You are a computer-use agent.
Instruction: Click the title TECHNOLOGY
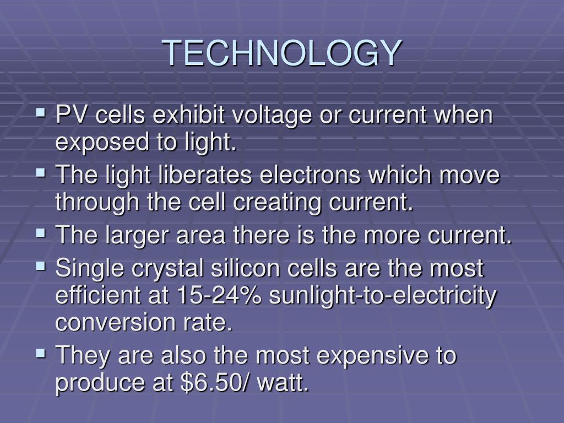pyautogui.click(x=282, y=53)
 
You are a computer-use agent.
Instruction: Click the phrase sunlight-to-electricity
pyautogui.click(x=383, y=296)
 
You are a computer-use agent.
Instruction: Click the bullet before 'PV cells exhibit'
pyautogui.click(x=41, y=114)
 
